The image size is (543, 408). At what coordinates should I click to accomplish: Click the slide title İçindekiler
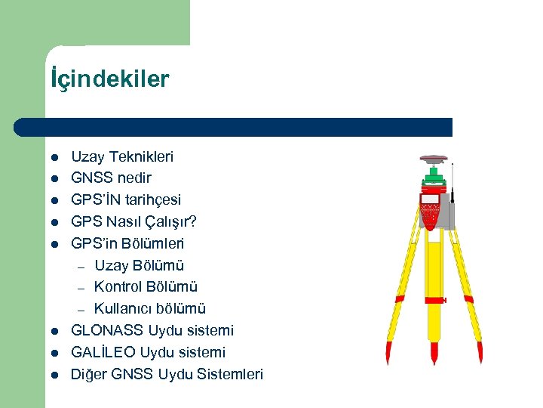click(110, 79)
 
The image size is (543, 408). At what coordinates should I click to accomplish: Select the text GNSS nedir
click(111, 178)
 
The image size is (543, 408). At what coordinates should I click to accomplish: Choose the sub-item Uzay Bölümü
click(139, 265)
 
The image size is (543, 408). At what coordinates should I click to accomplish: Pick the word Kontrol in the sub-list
click(117, 287)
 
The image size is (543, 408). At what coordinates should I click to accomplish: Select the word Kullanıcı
click(123, 308)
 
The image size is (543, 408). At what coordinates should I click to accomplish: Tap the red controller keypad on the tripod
click(429, 211)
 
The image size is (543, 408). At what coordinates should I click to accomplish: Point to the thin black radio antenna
click(452, 181)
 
